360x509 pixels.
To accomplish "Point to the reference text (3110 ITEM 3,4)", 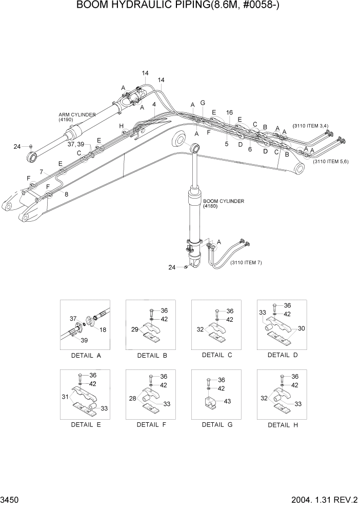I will coord(310,125).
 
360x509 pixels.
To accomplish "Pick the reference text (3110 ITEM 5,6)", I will coord(331,162).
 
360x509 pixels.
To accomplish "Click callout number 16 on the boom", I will coord(229,112).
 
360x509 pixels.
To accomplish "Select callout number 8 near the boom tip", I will coord(66,194).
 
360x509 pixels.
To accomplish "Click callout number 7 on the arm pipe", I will coord(41,171).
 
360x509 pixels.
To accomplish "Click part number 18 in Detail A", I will coord(103,330).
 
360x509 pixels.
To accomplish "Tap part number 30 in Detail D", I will coord(302,328).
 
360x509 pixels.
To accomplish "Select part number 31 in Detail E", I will coord(65,397).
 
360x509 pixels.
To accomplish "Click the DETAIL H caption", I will coord(283,425).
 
